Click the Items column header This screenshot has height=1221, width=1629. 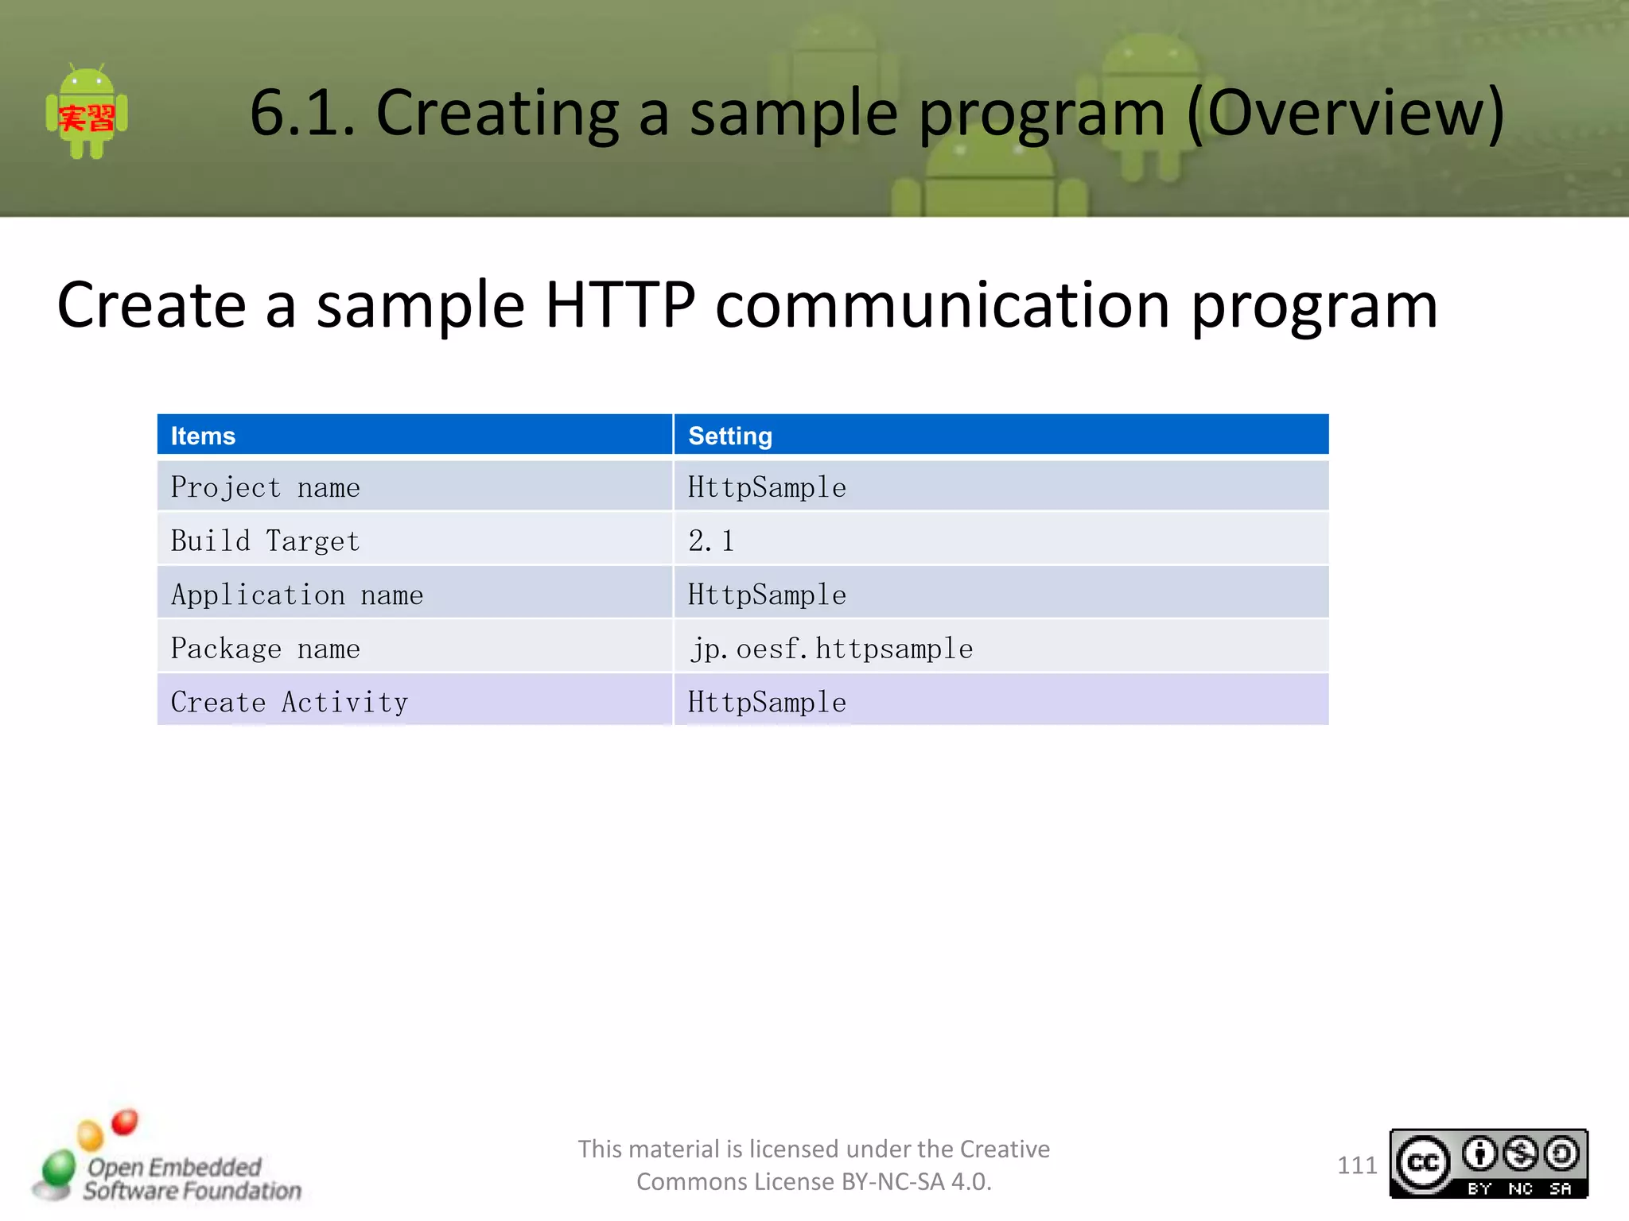pos(204,436)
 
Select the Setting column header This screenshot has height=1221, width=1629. pos(730,436)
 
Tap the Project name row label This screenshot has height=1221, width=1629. pos(266,487)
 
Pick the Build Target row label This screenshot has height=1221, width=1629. pos(266,541)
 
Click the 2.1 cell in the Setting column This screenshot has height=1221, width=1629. pos(711,541)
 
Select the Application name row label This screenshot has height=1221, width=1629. pos(297,595)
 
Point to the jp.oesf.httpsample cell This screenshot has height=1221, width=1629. pos(831,649)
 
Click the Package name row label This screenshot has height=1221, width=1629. pos(266,649)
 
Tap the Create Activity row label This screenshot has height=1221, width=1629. pos(290,702)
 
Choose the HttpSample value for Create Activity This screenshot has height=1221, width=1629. pos(767,702)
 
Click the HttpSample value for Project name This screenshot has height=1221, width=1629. pos(767,487)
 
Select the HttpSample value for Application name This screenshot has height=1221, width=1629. pos(767,595)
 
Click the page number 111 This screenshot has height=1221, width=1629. pos(1356,1165)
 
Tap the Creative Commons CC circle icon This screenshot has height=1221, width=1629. pos(1423,1164)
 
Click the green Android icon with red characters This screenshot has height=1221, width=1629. pos(87,113)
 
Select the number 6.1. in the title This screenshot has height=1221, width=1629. pos(302,113)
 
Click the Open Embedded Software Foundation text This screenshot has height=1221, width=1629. pos(191,1179)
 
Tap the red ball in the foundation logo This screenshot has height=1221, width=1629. pos(125,1122)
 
